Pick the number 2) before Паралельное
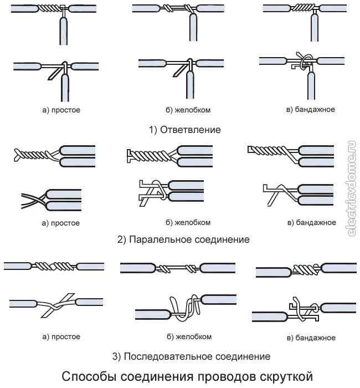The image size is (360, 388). tap(122, 240)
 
